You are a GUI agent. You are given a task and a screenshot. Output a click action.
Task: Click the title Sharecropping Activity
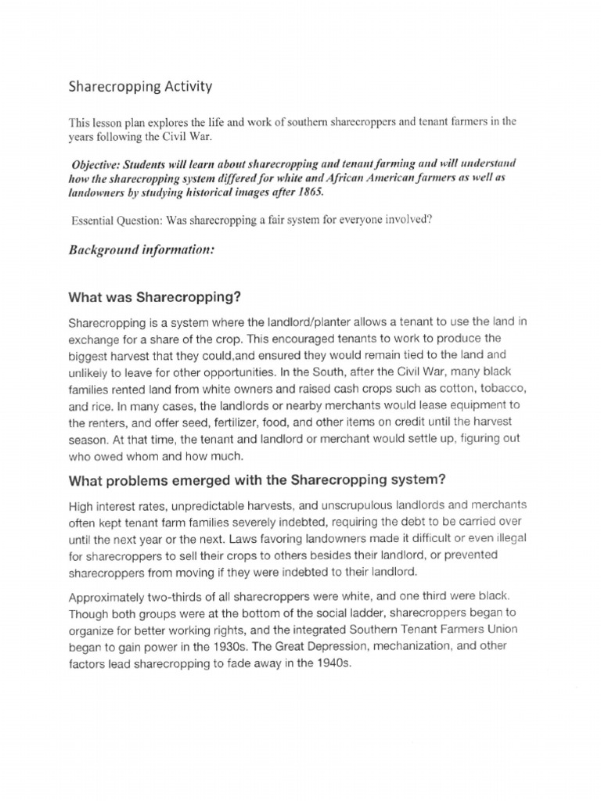coord(140,86)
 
